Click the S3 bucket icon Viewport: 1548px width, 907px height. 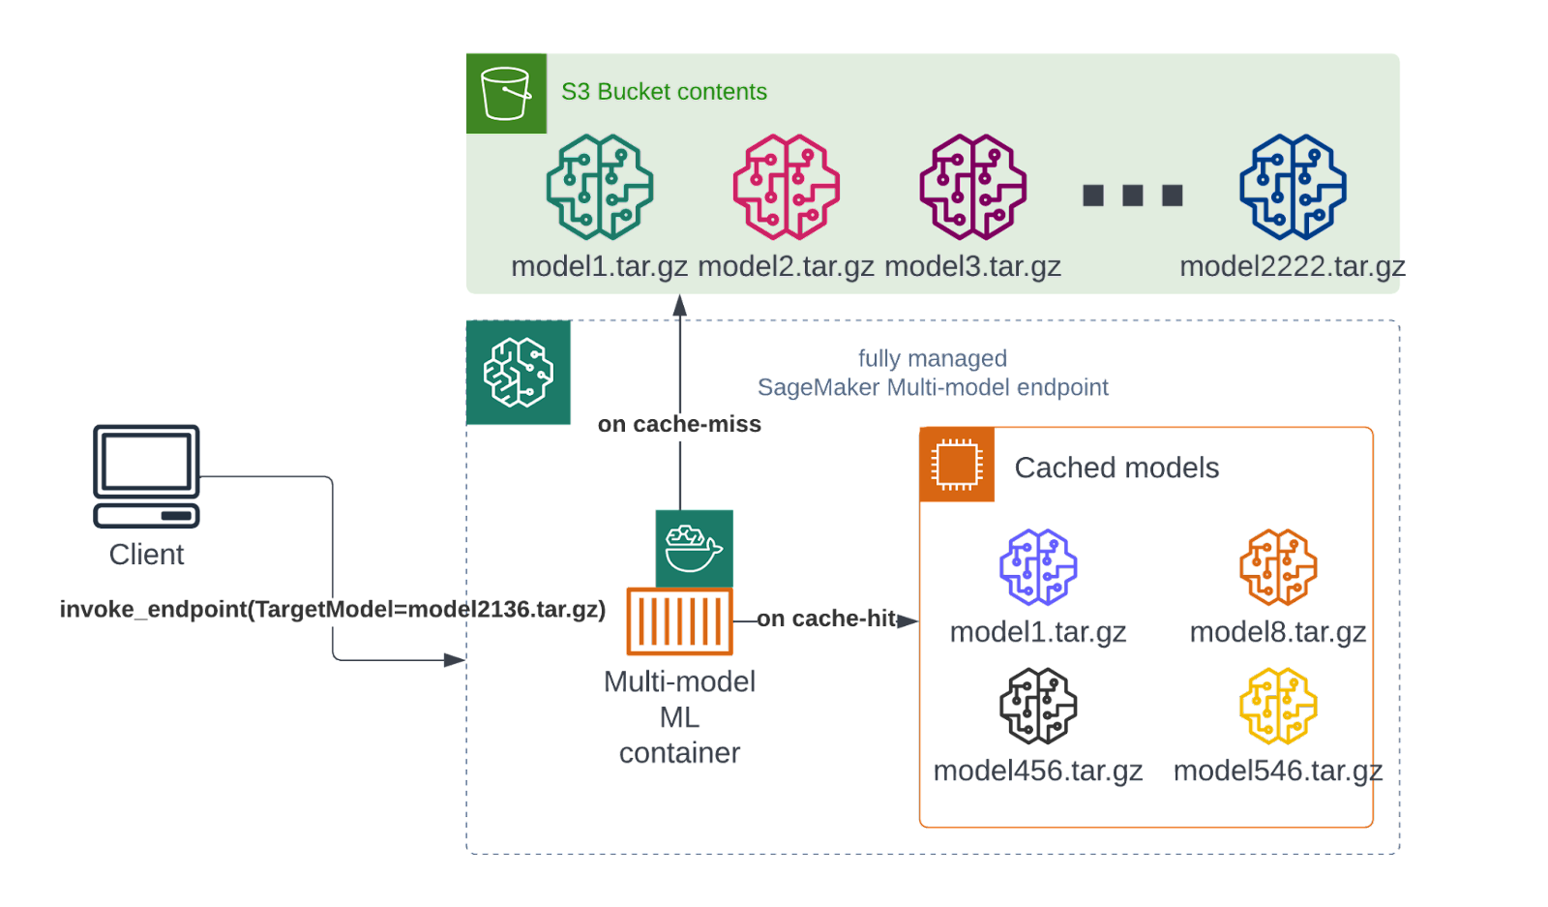506,93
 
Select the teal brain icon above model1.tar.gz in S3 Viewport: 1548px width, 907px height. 600,187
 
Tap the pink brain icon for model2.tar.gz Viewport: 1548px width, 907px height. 787,187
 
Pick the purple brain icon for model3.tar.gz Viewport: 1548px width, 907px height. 972,187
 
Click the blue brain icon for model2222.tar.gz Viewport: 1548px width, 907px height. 1293,187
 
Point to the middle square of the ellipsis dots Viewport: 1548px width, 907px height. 1133,196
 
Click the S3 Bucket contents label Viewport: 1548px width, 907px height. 664,92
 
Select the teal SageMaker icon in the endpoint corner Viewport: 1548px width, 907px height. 519,373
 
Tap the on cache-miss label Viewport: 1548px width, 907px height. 679,424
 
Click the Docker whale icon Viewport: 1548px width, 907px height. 694,548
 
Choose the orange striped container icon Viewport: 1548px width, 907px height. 679,620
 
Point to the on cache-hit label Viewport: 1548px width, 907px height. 827,619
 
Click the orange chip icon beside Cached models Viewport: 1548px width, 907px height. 957,465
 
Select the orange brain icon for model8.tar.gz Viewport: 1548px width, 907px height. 1278,567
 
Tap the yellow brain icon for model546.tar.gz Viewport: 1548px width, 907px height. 1278,706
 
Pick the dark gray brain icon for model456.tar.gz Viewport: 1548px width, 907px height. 1038,706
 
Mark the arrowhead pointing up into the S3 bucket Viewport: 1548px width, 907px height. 680,306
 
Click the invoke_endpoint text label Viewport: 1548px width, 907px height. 332,609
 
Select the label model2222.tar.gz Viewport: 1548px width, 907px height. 1293,266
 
